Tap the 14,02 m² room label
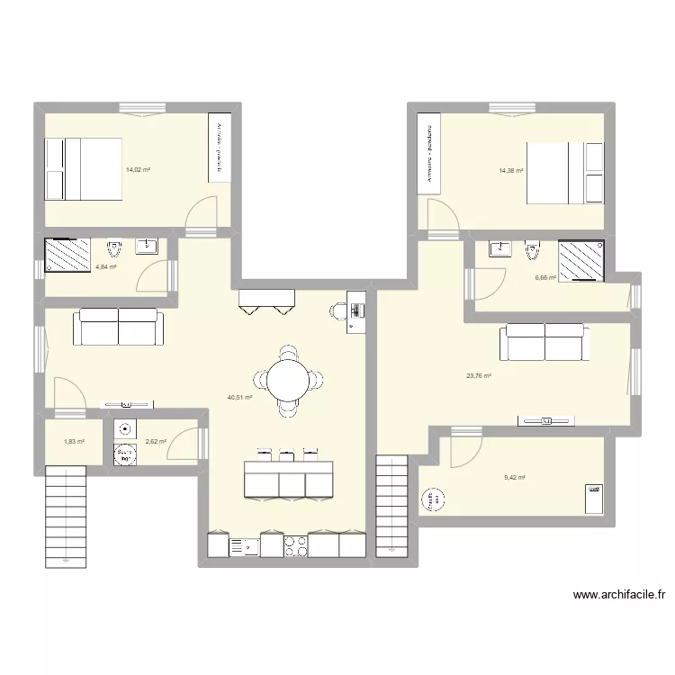click(138, 169)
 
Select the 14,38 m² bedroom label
click(511, 170)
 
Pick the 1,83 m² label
click(74, 441)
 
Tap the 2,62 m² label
click(156, 441)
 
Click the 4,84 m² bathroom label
click(107, 267)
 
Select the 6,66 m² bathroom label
click(545, 278)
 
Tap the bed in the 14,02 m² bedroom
click(83, 169)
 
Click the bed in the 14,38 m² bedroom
click(565, 173)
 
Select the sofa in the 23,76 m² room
click(544, 342)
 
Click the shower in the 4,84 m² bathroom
click(67, 255)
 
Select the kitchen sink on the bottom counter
click(245, 545)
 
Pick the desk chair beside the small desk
click(337, 311)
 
